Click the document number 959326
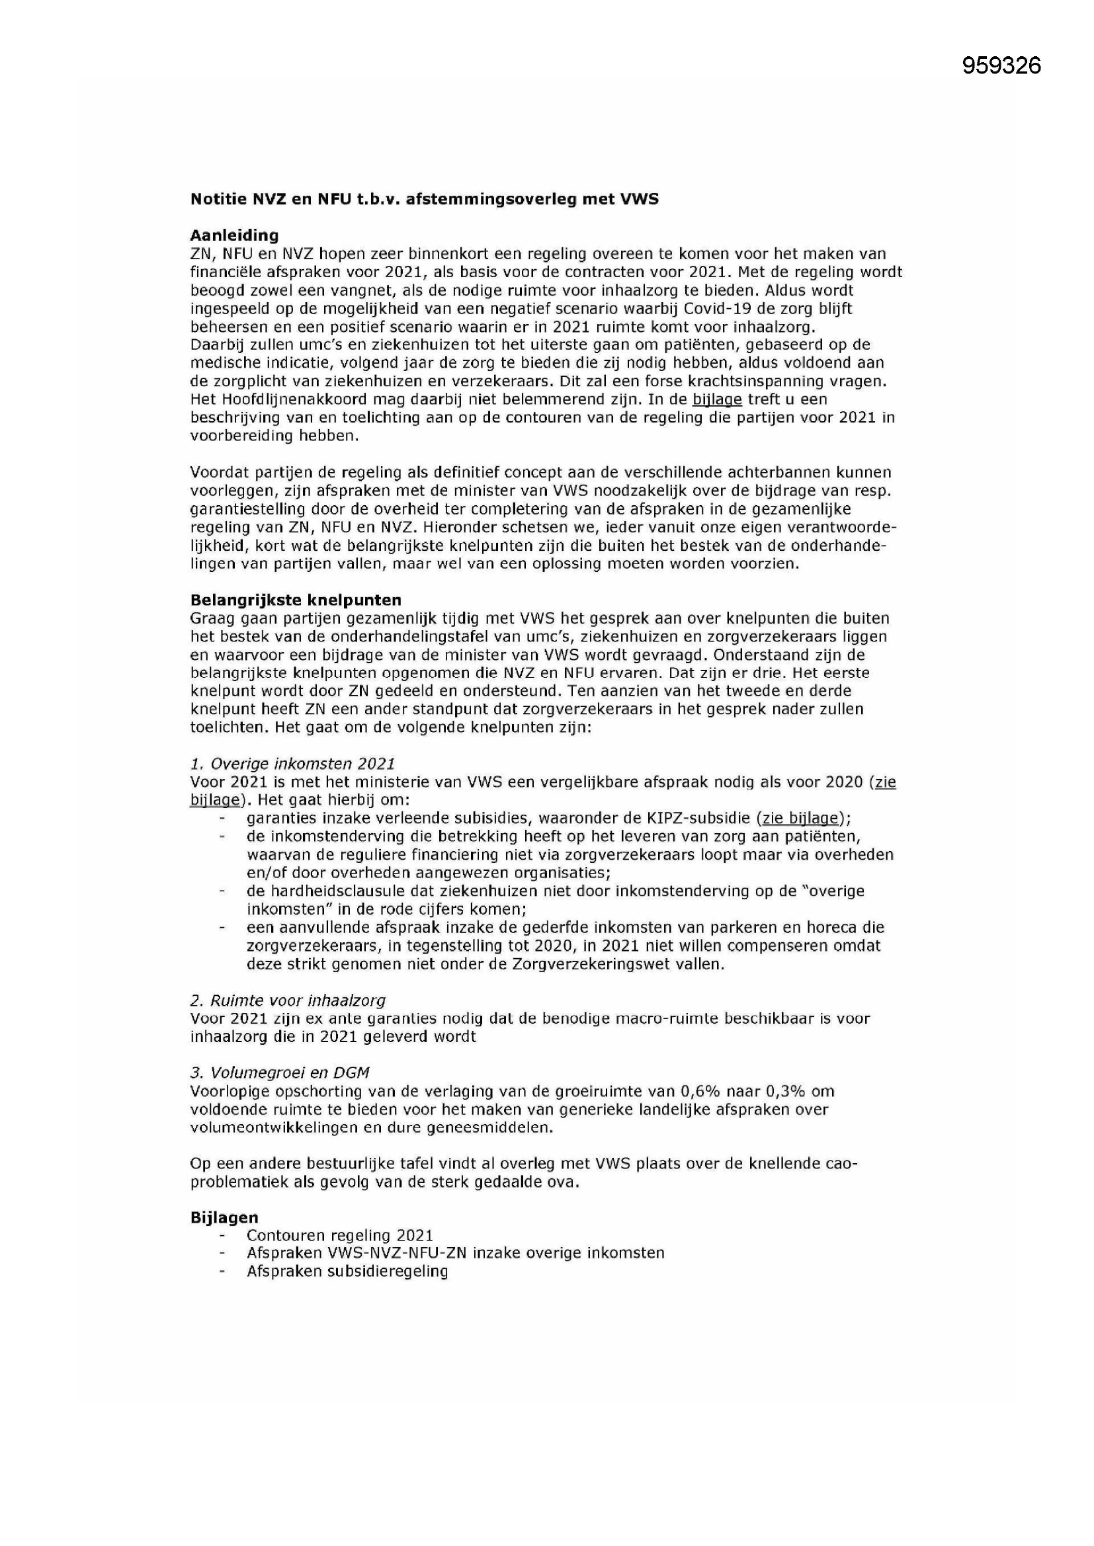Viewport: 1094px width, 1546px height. (x=1001, y=65)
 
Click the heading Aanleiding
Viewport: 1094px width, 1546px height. (x=234, y=235)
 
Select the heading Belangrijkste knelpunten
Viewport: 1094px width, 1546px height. (x=296, y=600)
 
